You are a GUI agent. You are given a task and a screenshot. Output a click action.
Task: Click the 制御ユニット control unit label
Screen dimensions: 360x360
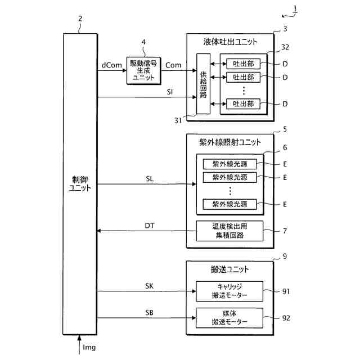click(x=80, y=183)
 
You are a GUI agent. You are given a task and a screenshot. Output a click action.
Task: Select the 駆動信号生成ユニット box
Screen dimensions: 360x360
click(x=143, y=70)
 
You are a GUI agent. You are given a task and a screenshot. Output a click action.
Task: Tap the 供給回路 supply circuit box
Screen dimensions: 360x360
click(x=204, y=84)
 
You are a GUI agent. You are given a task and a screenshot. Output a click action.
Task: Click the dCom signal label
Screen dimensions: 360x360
click(x=111, y=66)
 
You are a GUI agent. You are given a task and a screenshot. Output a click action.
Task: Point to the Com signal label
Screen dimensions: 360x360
click(x=173, y=66)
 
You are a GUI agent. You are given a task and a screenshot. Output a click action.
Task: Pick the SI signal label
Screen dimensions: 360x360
click(x=169, y=92)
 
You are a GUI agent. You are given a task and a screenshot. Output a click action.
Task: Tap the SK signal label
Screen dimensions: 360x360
click(x=149, y=286)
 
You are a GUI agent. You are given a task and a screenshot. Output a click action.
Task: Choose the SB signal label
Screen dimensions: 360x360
click(x=149, y=312)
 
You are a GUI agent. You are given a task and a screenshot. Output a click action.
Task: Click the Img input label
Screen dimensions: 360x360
click(x=89, y=348)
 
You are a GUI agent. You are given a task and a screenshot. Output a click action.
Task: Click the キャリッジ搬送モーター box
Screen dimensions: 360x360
click(x=229, y=291)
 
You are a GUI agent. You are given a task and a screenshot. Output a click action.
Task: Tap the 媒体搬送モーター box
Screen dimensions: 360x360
click(x=229, y=318)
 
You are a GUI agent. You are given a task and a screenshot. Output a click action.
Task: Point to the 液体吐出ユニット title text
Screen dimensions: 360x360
click(x=231, y=42)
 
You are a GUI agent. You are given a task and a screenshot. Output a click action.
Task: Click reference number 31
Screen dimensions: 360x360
click(x=178, y=119)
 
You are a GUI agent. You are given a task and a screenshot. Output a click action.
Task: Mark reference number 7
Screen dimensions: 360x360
click(x=285, y=231)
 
